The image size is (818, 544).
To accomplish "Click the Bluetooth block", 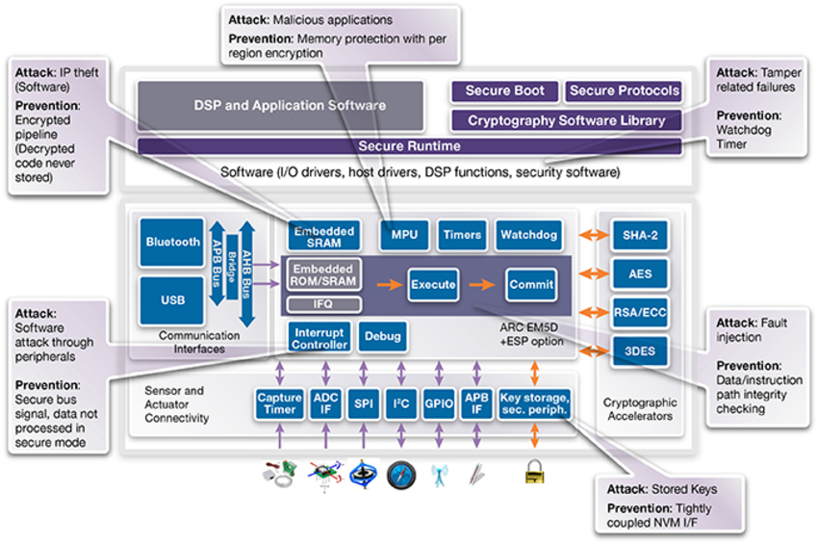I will [x=173, y=243].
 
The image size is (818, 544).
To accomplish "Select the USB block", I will [x=173, y=300].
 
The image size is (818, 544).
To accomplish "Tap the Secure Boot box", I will [x=504, y=91].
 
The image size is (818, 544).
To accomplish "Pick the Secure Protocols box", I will [x=625, y=91].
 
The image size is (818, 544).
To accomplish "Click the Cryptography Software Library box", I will [x=566, y=120].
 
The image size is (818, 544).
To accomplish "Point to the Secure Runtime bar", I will [x=409, y=146].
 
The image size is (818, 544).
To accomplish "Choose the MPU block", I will [x=404, y=235].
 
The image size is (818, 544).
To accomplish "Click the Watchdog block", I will [x=529, y=235].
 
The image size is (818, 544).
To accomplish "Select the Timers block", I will [x=463, y=235].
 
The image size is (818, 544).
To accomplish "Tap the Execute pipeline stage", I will [x=433, y=285].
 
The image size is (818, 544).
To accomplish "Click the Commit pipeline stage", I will [x=531, y=285].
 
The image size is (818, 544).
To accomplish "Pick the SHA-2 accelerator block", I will [x=640, y=235].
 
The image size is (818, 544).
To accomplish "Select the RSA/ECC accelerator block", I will [x=640, y=312].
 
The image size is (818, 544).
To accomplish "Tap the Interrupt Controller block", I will [x=320, y=337].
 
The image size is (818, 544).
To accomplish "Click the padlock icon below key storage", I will [x=533, y=472].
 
